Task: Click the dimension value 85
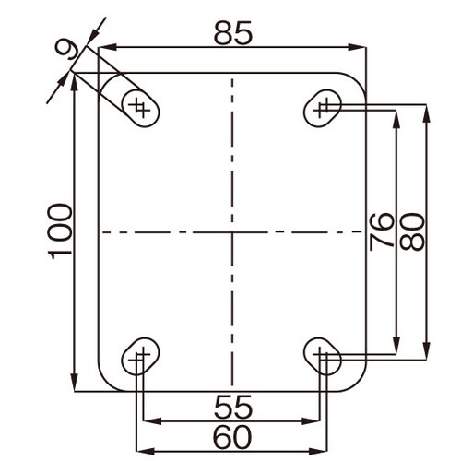tap(233, 33)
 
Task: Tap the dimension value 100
tap(60, 231)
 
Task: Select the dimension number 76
tap(382, 231)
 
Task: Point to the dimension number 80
tap(412, 231)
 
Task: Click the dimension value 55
tap(233, 407)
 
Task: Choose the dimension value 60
tap(232, 437)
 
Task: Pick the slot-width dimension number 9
tap(68, 50)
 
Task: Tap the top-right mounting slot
tap(323, 108)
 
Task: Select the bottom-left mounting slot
tap(140, 357)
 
